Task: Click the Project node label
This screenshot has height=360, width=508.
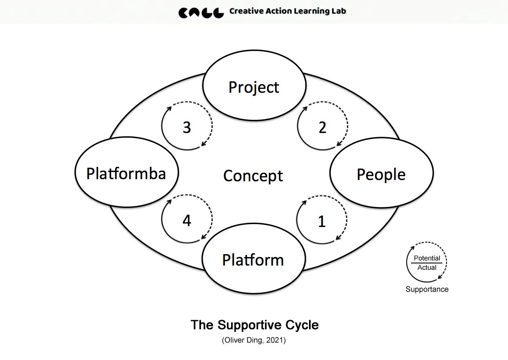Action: (x=254, y=87)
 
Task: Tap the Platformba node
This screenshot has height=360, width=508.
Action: (x=126, y=173)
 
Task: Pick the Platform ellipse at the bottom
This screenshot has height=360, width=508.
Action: (x=253, y=260)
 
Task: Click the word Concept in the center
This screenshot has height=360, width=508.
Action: (x=253, y=176)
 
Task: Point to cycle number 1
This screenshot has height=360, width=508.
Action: (x=322, y=221)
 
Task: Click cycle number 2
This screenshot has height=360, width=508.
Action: (x=323, y=127)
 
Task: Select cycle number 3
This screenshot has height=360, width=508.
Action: (x=187, y=127)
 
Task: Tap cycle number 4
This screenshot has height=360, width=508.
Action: (x=187, y=221)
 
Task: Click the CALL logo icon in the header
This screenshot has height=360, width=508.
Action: (x=201, y=12)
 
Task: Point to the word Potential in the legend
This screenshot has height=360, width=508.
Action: (x=427, y=258)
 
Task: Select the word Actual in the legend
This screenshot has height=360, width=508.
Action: (x=427, y=268)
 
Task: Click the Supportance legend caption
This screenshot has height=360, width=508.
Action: (x=427, y=289)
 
